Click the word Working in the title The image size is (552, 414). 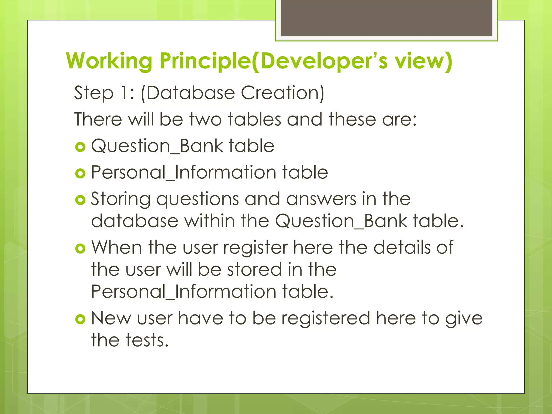coord(109,61)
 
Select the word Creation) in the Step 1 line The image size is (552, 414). coord(282,93)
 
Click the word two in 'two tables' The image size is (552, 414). coord(206,119)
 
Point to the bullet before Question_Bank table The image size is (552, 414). coord(80,147)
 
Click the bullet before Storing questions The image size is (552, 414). coord(80,200)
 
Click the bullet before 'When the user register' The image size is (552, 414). coord(80,248)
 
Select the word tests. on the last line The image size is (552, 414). coord(147,340)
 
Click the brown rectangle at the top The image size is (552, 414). coord(386,18)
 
